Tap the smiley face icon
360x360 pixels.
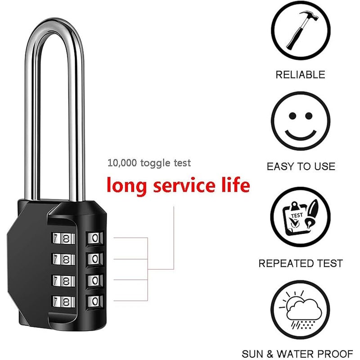click(x=301, y=121)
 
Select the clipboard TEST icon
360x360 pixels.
click(x=300, y=218)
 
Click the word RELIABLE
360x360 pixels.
click(x=300, y=75)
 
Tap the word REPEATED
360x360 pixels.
click(x=285, y=263)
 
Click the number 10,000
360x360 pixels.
click(x=122, y=163)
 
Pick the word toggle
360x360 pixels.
click(x=155, y=163)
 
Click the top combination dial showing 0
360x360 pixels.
click(x=95, y=238)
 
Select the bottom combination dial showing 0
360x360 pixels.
click(x=95, y=301)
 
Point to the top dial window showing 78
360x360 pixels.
click(x=64, y=239)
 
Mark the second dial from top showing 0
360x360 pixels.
click(x=95, y=259)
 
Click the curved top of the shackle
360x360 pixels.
click(x=54, y=25)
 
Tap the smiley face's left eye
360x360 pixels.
click(x=292, y=116)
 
